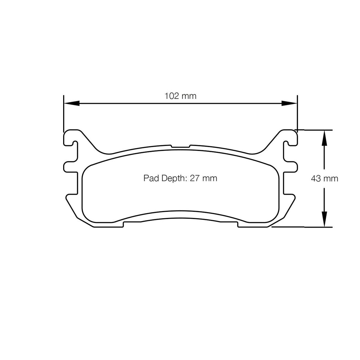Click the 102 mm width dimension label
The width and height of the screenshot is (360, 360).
tap(180, 96)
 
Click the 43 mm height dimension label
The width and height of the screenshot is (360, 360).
tap(324, 178)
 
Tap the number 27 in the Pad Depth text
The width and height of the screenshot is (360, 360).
tap(194, 178)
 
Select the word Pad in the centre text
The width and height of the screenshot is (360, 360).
tap(151, 178)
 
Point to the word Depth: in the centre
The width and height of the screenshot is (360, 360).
tap(174, 178)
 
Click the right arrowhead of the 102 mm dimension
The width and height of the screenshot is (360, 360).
tap(289, 103)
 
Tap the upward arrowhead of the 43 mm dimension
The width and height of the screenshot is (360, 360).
tap(324, 138)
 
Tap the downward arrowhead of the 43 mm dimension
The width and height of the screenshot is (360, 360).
tap(324, 219)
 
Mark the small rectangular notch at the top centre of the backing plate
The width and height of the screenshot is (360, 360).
tap(180, 146)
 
